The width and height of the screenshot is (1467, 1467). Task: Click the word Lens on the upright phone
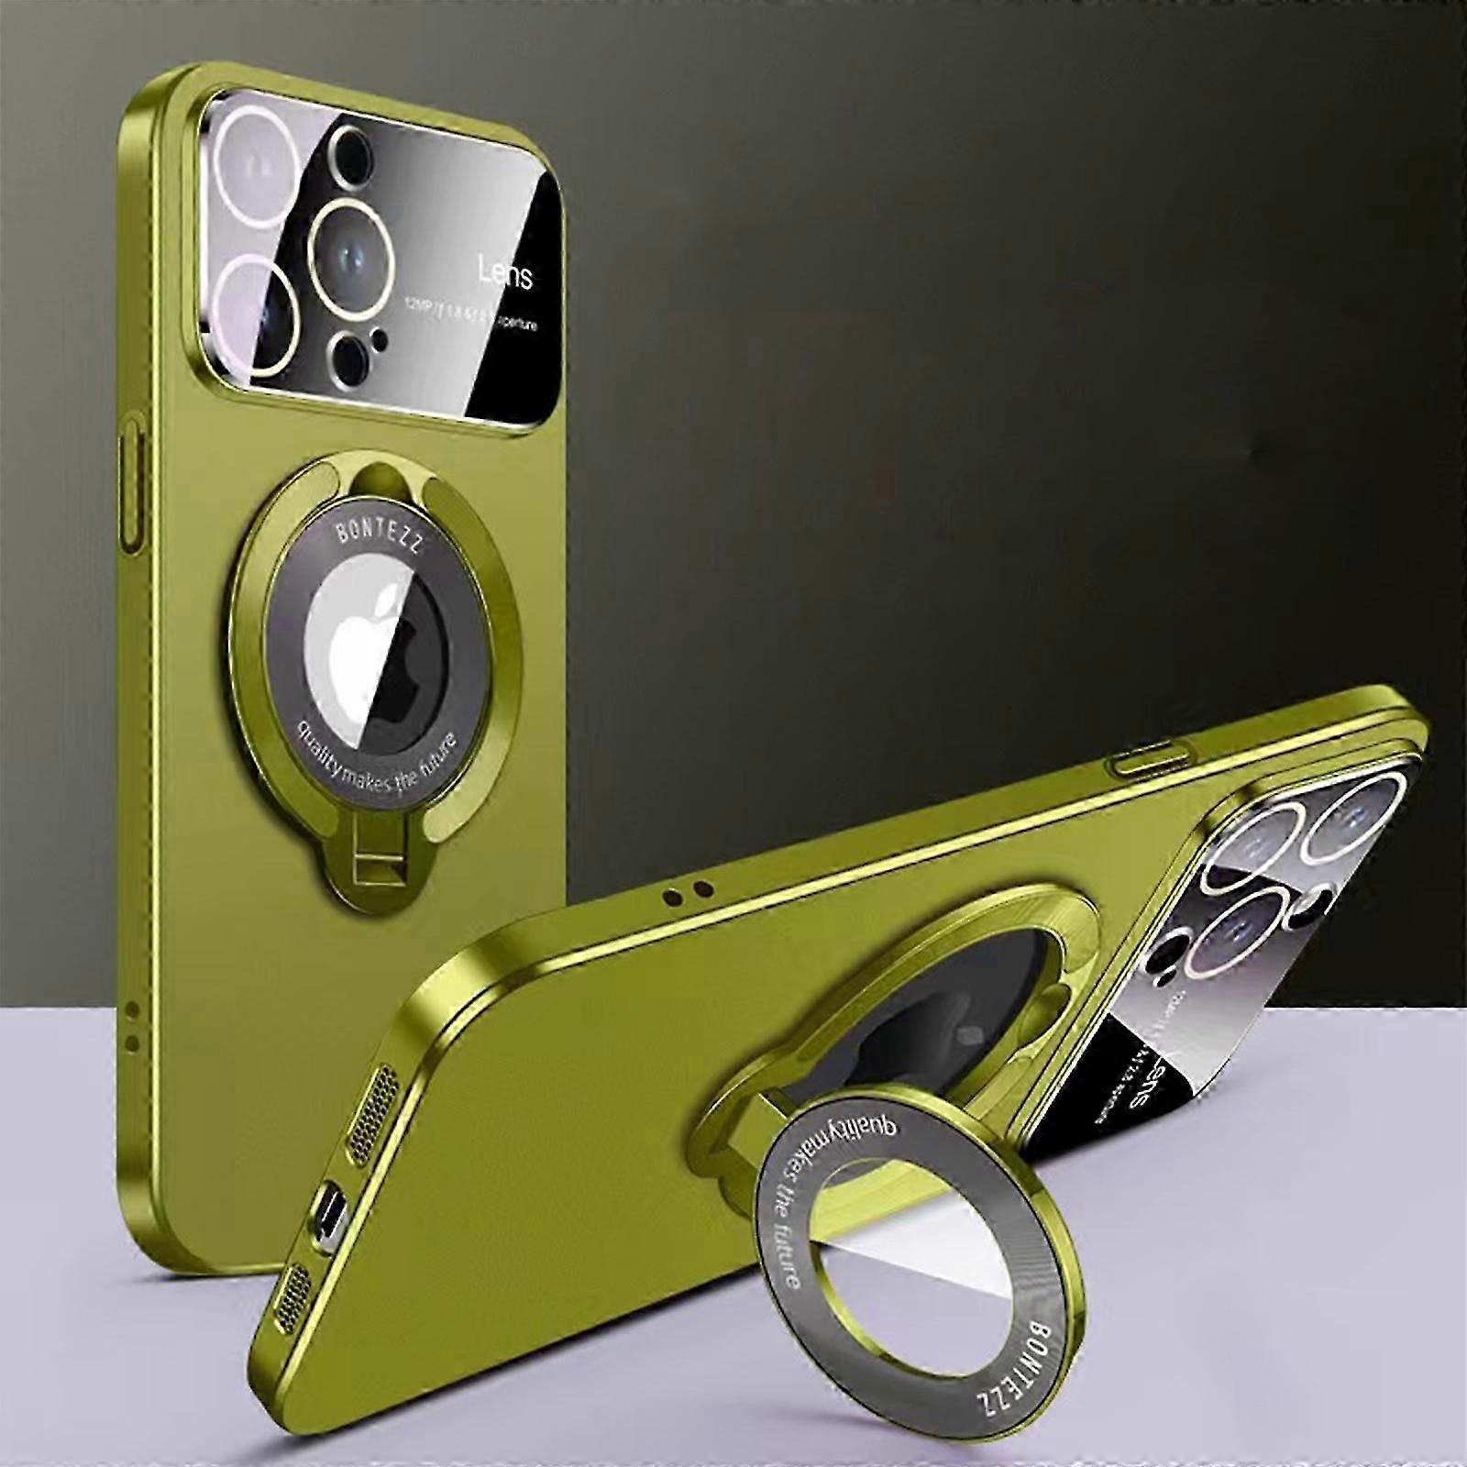tap(504, 273)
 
